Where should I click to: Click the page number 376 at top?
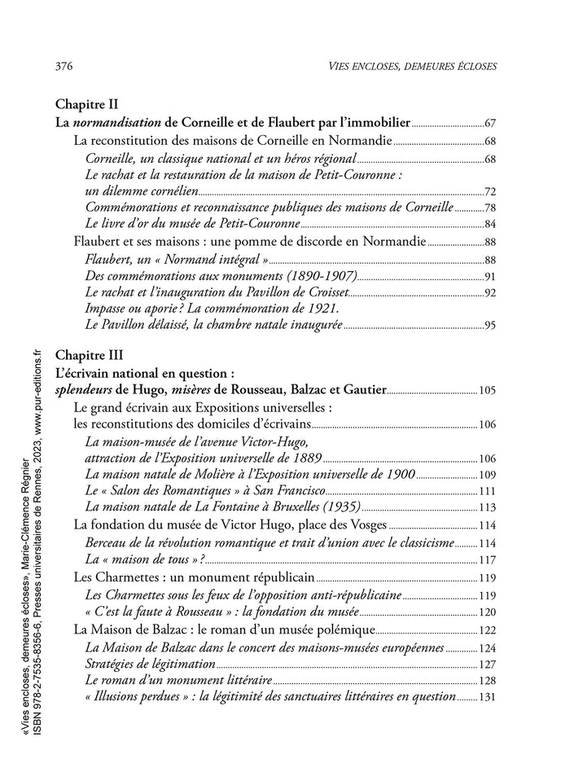tap(64, 65)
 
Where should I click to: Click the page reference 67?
tap(490, 124)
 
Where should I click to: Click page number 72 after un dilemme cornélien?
tap(490, 192)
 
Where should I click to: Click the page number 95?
tap(490, 327)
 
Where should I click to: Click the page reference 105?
tap(487, 391)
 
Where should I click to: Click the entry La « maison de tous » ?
tap(145, 559)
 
